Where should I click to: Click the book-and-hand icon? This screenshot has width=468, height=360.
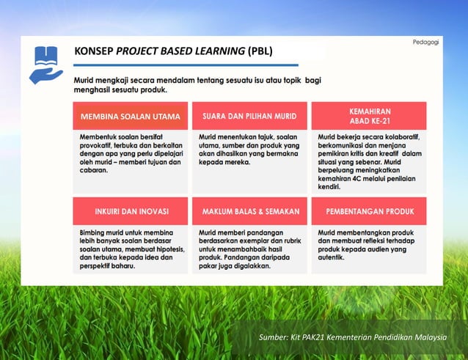click(45, 64)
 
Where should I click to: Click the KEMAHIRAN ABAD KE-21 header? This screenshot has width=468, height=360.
click(369, 116)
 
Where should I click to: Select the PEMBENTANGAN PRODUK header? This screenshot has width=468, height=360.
click(369, 211)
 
